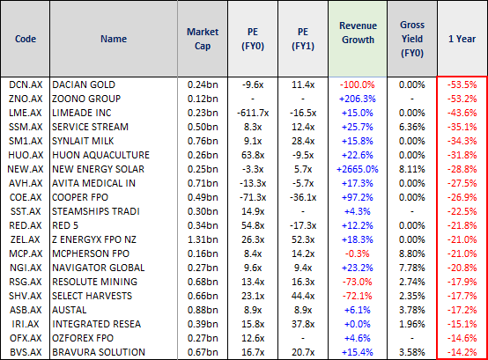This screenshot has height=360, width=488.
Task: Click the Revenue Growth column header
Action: pyautogui.click(x=358, y=33)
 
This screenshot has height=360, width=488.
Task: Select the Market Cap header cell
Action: pyautogui.click(x=203, y=39)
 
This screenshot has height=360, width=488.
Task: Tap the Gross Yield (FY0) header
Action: pyautogui.click(x=412, y=39)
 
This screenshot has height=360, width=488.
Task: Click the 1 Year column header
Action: pyautogui.click(x=462, y=39)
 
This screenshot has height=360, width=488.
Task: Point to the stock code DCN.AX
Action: pyautogui.click(x=26, y=84)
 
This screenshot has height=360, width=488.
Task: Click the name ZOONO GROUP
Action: pyautogui.click(x=86, y=99)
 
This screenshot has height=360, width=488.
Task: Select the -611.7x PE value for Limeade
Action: pyautogui.click(x=253, y=113)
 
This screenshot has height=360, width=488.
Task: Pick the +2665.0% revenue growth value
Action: pyautogui.click(x=358, y=169)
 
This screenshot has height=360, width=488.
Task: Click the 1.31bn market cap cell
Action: pyautogui.click(x=203, y=239)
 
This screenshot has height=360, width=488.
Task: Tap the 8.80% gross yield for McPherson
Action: pyautogui.click(x=412, y=253)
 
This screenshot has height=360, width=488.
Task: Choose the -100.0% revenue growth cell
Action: pyautogui.click(x=358, y=84)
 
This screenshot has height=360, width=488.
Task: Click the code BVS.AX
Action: pyautogui.click(x=26, y=352)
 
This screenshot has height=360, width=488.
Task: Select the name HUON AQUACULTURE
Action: pyautogui.click(x=100, y=155)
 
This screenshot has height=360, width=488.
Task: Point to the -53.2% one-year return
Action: pyautogui.click(x=462, y=99)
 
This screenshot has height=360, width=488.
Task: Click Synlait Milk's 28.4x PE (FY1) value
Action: pyautogui.click(x=303, y=141)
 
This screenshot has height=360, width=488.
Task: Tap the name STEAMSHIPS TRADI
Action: pyautogui.click(x=96, y=211)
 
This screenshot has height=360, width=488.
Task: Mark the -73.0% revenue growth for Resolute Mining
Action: pyautogui.click(x=358, y=282)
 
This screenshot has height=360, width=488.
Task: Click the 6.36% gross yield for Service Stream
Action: pyautogui.click(x=412, y=127)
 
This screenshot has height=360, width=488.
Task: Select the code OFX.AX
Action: pyautogui.click(x=26, y=338)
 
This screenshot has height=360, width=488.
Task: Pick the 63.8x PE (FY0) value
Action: pyautogui.click(x=253, y=155)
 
